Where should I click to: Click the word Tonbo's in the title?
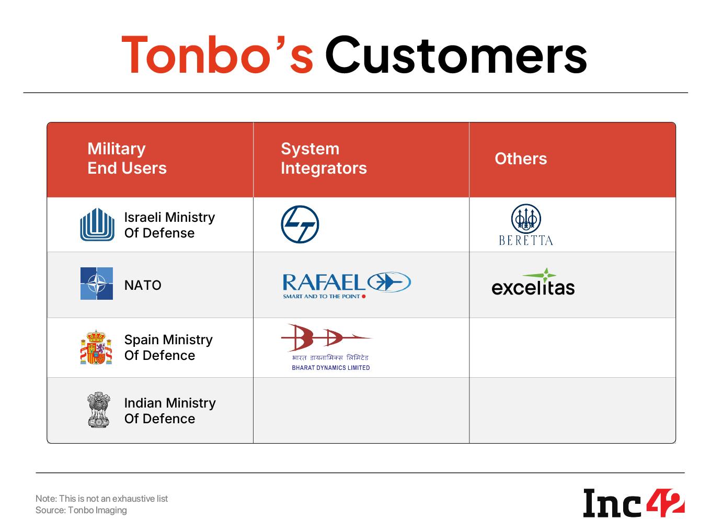click(x=217, y=55)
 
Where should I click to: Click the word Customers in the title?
click(x=456, y=55)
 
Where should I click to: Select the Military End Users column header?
click(x=127, y=159)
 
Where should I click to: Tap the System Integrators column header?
click(x=324, y=159)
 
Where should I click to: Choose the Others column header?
click(x=521, y=159)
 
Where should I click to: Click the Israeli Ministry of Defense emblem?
click(x=97, y=224)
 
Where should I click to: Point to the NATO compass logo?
click(x=97, y=284)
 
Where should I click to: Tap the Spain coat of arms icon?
click(x=96, y=347)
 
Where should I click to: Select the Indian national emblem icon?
click(x=98, y=410)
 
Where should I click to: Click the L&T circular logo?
click(x=300, y=224)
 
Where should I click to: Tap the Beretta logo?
click(x=526, y=225)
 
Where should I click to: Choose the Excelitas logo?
click(x=533, y=283)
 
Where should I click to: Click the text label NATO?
click(x=143, y=285)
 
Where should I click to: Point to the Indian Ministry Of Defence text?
click(x=170, y=411)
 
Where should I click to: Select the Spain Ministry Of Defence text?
click(x=168, y=347)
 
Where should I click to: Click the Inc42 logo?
click(x=634, y=503)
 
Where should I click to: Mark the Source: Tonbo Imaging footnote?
click(x=81, y=510)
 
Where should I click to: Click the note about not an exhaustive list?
click(x=102, y=499)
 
